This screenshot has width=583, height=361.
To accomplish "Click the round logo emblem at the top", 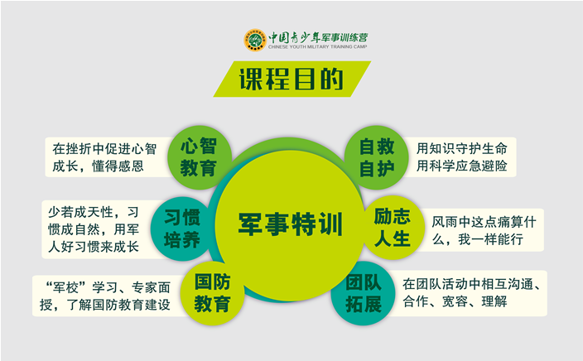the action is tap(255, 40).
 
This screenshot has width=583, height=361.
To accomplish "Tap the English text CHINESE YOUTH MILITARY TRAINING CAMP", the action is tap(317, 47).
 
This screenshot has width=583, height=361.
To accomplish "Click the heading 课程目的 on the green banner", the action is tap(291, 79).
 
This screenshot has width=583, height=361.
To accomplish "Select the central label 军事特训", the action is tap(290, 224).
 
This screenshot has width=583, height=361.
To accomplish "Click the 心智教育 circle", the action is tap(200, 157).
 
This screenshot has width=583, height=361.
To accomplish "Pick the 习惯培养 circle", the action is tap(182, 229).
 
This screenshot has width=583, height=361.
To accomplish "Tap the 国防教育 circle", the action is tap(212, 293).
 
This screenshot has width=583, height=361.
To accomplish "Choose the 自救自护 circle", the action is tap(376, 157).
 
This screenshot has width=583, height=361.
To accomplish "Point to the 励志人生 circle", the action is tap(393, 227).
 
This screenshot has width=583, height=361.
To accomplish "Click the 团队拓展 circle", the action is tap(364, 293).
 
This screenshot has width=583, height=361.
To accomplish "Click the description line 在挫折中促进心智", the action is tap(104, 149).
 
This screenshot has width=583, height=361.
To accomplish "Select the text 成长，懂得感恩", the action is tap(98, 166).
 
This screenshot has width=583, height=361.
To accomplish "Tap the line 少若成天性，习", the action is tap(93, 212).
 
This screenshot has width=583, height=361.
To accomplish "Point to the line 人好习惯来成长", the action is tap(94, 247).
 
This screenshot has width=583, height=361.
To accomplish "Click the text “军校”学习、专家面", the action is tap(107, 287).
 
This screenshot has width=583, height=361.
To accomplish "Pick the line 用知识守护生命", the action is tap(461, 148).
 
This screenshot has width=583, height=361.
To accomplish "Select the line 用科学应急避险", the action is tap(461, 166).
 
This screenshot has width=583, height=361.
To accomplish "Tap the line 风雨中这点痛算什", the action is tap(484, 222).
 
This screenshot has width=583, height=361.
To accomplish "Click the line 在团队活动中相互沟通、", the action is tap(471, 284).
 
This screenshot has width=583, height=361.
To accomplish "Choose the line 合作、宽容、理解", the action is tap(455, 301).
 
